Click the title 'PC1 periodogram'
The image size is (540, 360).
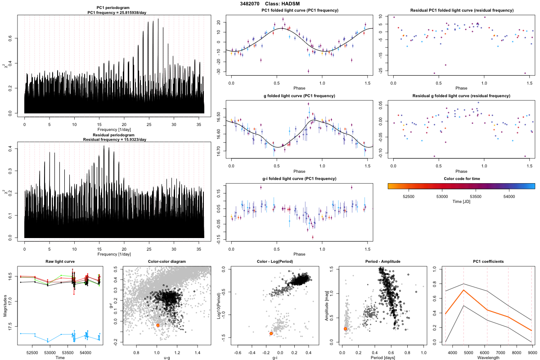click(x=114, y=9)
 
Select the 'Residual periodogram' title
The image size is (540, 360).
click(x=114, y=135)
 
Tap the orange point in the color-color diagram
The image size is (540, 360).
click(x=158, y=325)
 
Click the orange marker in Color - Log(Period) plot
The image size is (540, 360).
click(x=271, y=333)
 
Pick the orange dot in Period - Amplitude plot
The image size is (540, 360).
click(x=345, y=329)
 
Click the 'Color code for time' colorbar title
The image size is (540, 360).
click(x=461, y=179)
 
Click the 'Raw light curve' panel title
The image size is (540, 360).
click(x=60, y=262)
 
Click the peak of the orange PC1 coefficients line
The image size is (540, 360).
click(x=463, y=290)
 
